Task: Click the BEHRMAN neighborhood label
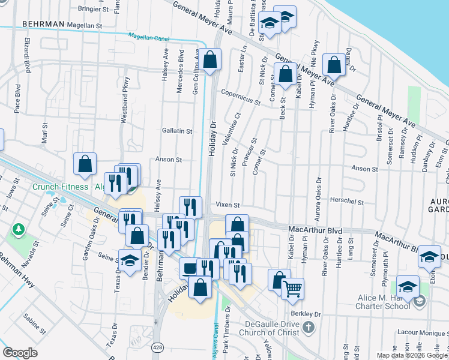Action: click(x=43, y=24)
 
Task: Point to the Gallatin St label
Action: click(x=176, y=131)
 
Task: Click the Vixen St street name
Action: click(x=228, y=205)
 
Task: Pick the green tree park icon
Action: click(x=19, y=229)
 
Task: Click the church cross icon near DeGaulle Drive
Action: click(x=309, y=327)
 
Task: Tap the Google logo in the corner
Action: click(x=20, y=353)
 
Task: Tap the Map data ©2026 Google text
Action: click(x=411, y=355)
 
